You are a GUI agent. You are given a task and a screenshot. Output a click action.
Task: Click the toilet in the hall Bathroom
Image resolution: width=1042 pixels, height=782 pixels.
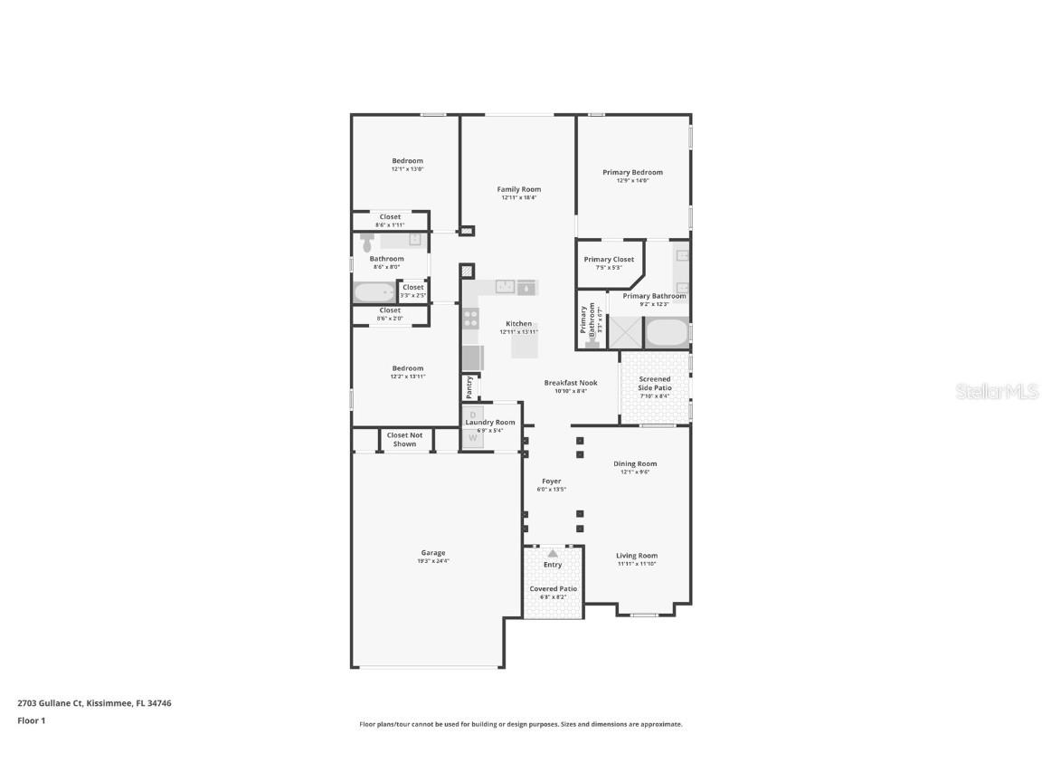tap(367, 243)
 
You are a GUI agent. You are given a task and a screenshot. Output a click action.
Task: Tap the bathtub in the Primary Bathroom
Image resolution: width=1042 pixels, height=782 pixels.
tap(667, 333)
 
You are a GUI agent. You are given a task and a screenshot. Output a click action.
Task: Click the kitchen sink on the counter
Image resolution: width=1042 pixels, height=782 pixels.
tap(505, 287)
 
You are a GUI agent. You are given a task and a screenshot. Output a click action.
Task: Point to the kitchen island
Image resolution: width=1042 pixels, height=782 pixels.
tap(525, 342)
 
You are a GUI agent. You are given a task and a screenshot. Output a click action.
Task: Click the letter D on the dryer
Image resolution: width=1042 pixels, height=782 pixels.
tap(472, 415)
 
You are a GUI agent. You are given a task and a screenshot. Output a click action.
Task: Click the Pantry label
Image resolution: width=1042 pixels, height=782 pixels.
tap(469, 386)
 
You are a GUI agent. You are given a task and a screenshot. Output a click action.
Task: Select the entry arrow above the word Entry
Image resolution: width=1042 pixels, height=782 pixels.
tap(553, 552)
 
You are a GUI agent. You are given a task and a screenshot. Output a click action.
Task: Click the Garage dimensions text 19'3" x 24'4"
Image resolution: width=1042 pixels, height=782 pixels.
tap(433, 561)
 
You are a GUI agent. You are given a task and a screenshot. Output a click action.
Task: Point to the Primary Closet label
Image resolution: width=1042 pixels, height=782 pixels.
tap(609, 260)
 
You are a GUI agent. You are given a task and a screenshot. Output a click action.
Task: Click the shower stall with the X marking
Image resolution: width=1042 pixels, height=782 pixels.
tap(625, 332)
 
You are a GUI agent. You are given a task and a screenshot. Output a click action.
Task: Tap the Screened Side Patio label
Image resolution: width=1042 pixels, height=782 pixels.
tap(655, 384)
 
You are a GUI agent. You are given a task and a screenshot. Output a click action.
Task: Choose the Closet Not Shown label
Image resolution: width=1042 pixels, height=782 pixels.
tap(404, 440)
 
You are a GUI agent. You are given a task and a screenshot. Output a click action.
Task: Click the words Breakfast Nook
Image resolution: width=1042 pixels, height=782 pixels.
tap(571, 383)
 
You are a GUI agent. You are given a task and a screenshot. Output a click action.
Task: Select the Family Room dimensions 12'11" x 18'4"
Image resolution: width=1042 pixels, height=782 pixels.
tap(519, 197)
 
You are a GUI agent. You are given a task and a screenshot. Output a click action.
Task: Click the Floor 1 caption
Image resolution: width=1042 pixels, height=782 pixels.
tap(31, 721)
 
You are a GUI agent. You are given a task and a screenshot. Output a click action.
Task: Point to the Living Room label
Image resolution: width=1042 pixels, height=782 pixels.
tap(637, 556)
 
